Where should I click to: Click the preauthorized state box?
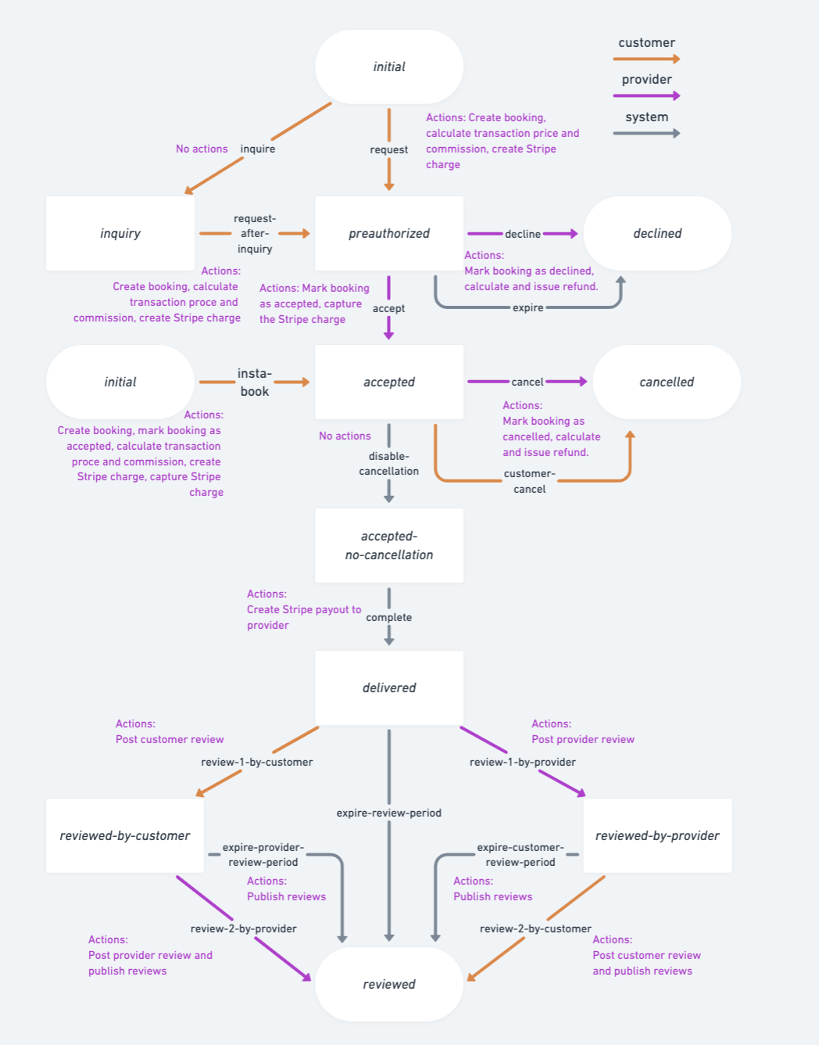[388, 233]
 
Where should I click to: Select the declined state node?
[657, 233]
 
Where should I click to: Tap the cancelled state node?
[666, 382]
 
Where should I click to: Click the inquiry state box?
[120, 233]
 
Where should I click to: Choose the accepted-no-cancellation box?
[388, 545]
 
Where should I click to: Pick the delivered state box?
[388, 688]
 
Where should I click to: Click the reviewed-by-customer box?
[125, 835]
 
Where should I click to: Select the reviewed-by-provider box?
[657, 835]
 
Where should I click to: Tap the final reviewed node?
[388, 984]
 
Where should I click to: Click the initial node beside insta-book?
[120, 382]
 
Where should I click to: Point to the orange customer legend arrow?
[646, 59]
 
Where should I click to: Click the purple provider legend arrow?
[646, 95]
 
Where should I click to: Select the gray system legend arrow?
[646, 133]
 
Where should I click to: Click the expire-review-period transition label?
[388, 813]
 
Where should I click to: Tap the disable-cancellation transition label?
[388, 464]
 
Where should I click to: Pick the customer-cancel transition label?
[529, 481]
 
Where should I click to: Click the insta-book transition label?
[255, 382]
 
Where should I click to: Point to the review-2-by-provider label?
[243, 928]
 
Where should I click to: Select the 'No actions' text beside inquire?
[202, 149]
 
